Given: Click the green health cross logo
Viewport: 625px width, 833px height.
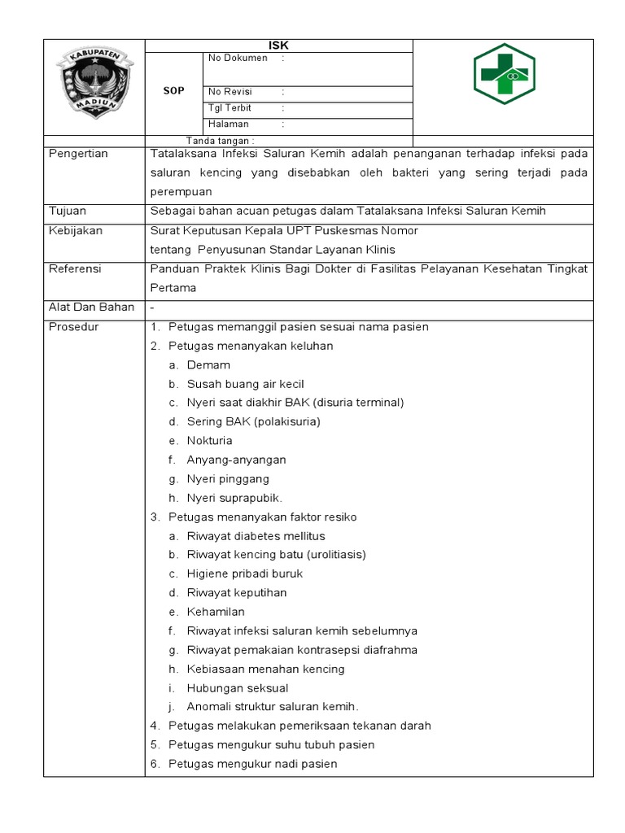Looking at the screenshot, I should pos(504,75).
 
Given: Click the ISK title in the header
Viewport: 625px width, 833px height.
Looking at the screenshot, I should pos(278,46).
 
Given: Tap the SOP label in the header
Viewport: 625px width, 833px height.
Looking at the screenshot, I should pos(173,90).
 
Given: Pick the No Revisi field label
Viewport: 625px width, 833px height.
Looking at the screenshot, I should pos(230,92).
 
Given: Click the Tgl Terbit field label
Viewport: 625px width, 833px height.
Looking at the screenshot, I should pos(230,108).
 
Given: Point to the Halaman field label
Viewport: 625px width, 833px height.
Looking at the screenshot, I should pos(229,124).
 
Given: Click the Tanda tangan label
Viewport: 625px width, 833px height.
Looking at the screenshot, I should pos(220,141).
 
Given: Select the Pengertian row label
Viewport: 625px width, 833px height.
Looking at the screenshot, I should pos(78,154).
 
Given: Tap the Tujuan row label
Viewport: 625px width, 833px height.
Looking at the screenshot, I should pos(68,212).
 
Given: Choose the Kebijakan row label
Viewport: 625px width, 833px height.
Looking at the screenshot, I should pos(76,231).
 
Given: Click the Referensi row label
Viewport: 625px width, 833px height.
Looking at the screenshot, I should pos(76,269).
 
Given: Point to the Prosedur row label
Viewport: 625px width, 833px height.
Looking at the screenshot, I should pos(74,327).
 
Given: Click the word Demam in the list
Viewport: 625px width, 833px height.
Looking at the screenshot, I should pos(208,365).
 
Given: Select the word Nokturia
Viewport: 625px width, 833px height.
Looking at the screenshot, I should pos(209,441).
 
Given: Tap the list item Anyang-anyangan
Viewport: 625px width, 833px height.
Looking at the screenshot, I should pos(236,460).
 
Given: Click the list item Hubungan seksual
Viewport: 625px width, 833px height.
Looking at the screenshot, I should pos(238,688).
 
